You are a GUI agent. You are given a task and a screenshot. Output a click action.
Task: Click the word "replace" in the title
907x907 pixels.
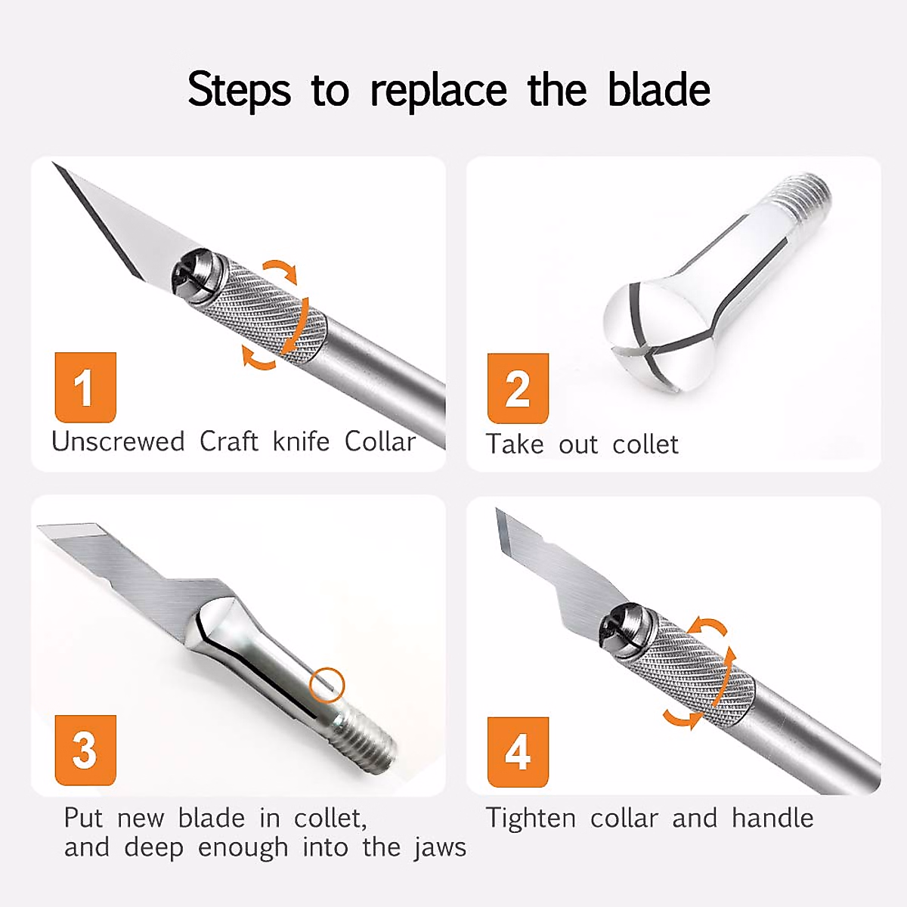pyautogui.click(x=438, y=91)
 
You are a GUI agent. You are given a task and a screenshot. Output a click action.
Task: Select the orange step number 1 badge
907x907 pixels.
pyautogui.click(x=85, y=387)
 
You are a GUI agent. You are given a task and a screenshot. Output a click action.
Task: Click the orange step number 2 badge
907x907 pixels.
pyautogui.click(x=518, y=388)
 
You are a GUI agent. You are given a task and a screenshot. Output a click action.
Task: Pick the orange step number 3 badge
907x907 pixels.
pyautogui.click(x=85, y=750)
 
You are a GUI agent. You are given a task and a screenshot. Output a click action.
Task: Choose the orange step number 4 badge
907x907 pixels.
pyautogui.click(x=518, y=751)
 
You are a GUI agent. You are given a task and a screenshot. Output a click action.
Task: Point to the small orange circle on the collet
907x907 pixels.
pyautogui.click(x=327, y=686)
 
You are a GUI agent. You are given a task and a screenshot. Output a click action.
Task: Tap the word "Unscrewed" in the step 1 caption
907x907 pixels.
pyautogui.click(x=118, y=441)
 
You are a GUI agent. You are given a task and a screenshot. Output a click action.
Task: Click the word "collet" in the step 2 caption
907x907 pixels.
pyautogui.click(x=645, y=444)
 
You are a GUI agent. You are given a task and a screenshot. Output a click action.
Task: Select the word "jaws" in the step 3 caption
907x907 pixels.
pyautogui.click(x=440, y=848)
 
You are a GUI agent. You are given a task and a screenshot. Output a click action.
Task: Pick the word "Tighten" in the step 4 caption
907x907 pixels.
pyautogui.click(x=531, y=818)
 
